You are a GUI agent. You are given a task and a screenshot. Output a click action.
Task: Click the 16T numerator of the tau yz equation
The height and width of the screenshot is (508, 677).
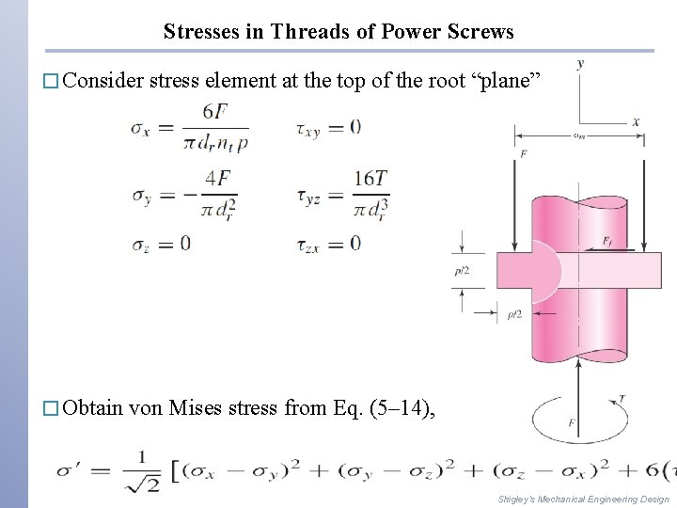click(x=370, y=178)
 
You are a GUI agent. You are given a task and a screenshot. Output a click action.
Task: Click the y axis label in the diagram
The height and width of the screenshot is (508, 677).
click(x=580, y=63)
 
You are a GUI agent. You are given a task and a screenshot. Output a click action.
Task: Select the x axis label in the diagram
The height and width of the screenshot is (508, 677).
click(x=636, y=120)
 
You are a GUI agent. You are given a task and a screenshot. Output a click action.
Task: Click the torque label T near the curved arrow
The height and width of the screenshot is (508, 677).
click(x=622, y=399)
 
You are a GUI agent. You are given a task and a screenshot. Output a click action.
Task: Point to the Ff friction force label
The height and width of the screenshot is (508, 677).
click(x=608, y=241)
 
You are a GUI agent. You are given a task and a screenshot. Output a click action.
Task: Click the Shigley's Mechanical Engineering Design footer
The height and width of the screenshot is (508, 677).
click(x=583, y=499)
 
